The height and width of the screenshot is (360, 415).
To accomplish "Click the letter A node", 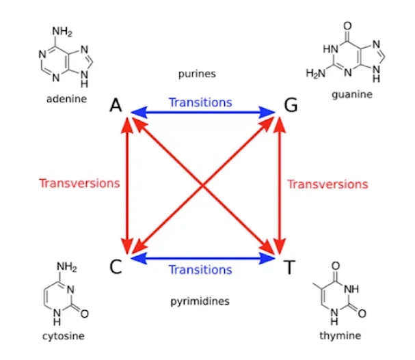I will point(116,106).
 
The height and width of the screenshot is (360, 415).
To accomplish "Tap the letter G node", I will point(290,106).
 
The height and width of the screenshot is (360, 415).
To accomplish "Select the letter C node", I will point(116,265).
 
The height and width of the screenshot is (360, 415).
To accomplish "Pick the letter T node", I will point(289,266).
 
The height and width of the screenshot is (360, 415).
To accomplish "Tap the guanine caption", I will point(351,94).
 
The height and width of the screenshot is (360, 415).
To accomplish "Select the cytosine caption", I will point(66,336).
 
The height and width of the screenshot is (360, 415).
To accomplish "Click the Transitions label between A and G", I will point(200,102).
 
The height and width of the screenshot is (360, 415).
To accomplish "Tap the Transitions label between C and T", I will point(200,269).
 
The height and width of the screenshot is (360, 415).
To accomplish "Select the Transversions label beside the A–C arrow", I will point(79,183).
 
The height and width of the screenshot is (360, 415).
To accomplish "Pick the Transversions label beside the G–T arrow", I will point(327,184).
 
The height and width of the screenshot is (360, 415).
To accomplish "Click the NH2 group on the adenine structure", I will point(63,31).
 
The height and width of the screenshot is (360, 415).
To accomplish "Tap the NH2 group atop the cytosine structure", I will point(66,266).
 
